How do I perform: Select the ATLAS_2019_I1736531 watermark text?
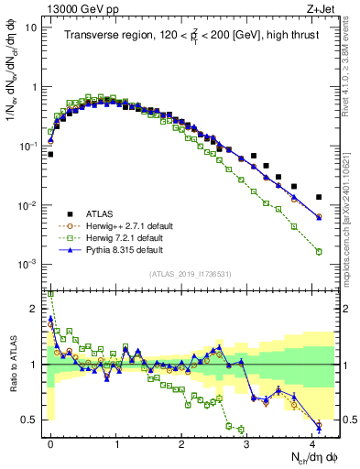tap(191, 273)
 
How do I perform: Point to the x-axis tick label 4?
tap(313, 442)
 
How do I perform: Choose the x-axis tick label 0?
tap(50, 442)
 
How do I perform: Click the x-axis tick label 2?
tap(182, 442)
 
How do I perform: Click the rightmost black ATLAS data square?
tap(319, 197)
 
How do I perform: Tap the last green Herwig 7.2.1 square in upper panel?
tap(319, 251)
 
